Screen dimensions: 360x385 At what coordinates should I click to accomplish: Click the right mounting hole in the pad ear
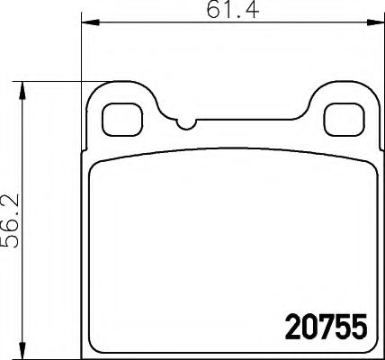pyautogui.click(x=339, y=117)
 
